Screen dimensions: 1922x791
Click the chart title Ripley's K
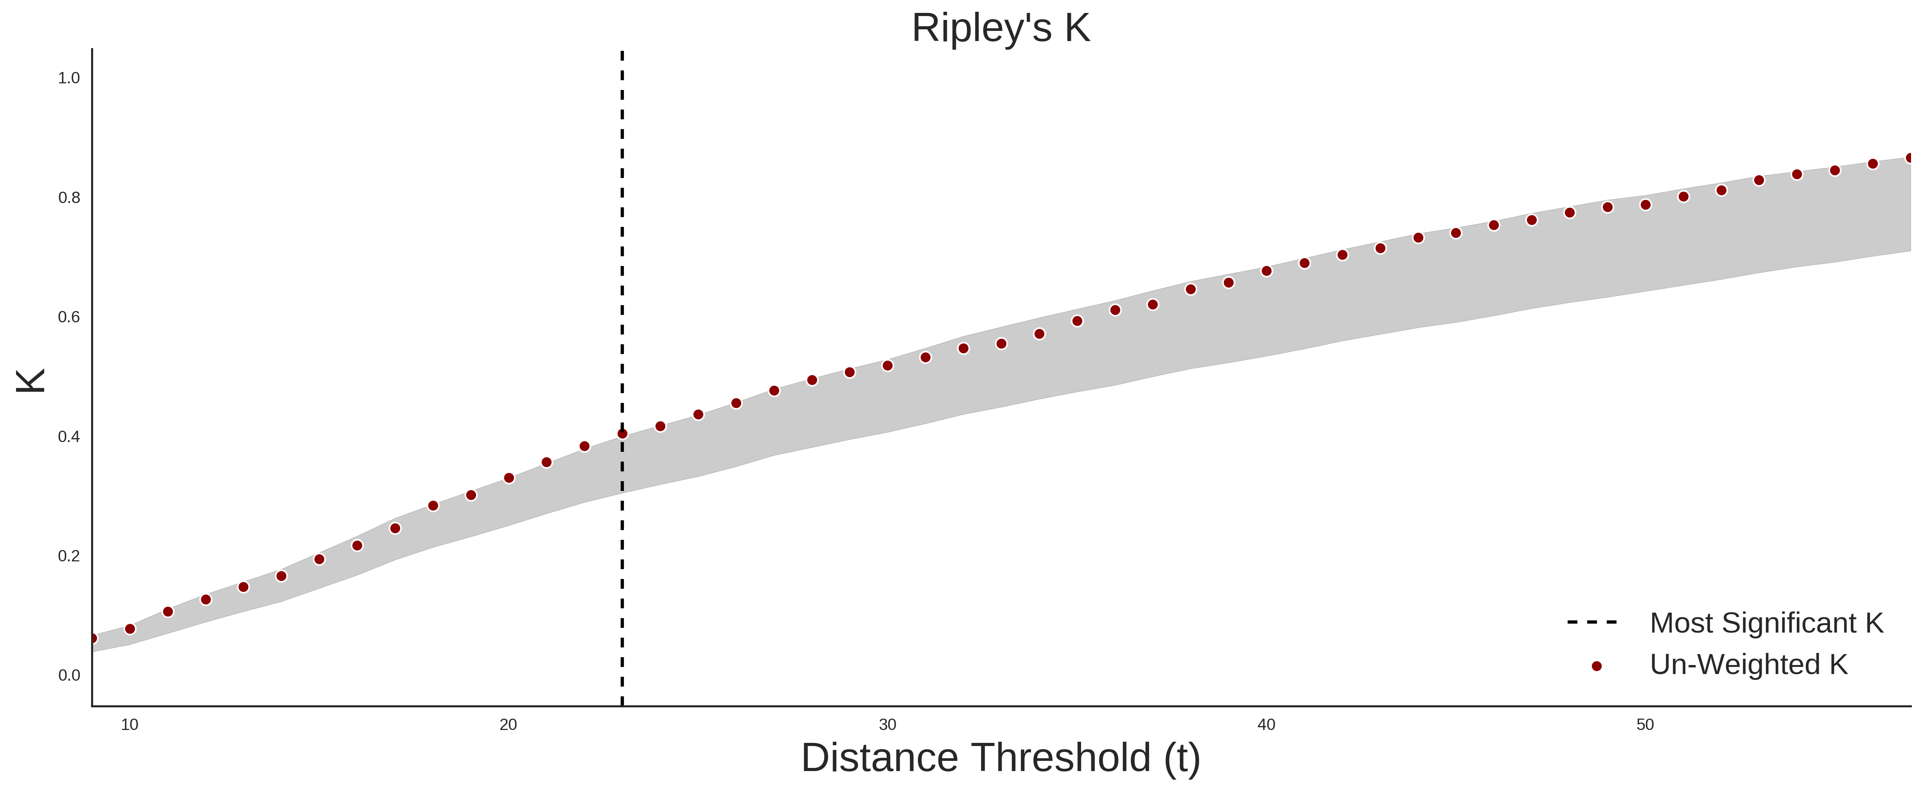[1001, 28]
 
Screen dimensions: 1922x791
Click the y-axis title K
[31, 381]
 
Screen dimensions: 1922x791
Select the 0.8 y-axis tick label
[69, 198]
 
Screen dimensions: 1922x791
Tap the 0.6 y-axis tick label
[69, 317]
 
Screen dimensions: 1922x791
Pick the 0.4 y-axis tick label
[69, 437]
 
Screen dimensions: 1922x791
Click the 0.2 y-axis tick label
[69, 556]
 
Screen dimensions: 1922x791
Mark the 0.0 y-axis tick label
[69, 675]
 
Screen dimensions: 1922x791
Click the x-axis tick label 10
[130, 724]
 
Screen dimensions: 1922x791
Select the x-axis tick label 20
[508, 724]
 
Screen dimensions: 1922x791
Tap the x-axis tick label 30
[887, 724]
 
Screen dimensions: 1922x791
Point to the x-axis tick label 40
[1266, 724]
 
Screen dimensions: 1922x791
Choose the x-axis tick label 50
[1645, 724]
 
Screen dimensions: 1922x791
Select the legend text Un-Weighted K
[1749, 664]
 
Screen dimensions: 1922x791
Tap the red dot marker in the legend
[1597, 666]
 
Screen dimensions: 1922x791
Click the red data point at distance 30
[887, 366]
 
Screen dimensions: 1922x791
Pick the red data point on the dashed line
[622, 433]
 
